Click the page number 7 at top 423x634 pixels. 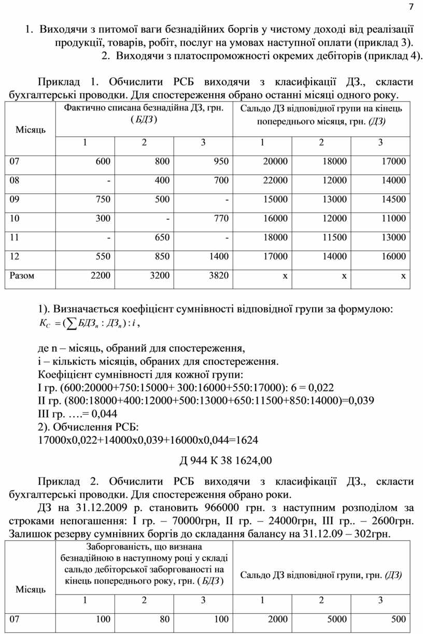[x=412, y=7]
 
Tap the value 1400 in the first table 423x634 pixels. [x=218, y=256]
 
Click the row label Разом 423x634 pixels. [x=22, y=275]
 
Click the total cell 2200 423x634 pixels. [x=100, y=275]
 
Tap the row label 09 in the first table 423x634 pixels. [x=15, y=199]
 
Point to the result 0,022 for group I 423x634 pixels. [x=322, y=387]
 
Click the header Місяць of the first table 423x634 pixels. [x=30, y=129]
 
